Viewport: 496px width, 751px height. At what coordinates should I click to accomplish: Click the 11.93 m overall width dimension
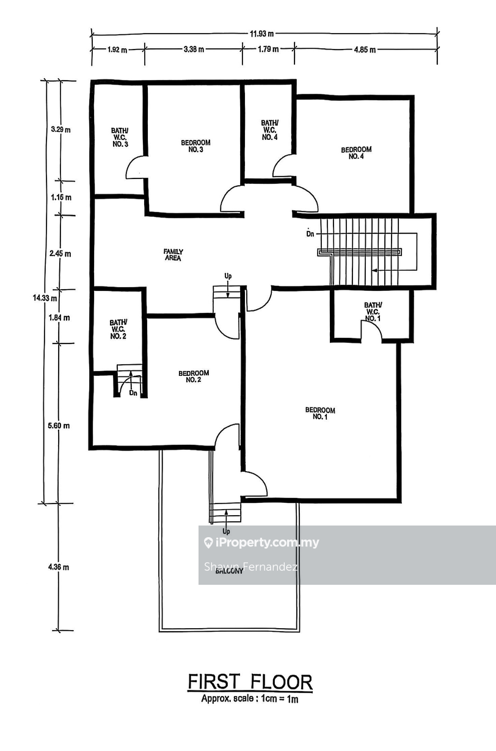(261, 34)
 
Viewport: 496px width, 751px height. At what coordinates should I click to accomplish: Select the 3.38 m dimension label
(194, 49)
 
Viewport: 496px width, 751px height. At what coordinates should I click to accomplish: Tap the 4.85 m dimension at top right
(365, 50)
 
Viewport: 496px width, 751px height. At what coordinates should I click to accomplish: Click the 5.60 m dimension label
(59, 426)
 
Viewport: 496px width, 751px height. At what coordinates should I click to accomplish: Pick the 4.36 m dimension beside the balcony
(59, 567)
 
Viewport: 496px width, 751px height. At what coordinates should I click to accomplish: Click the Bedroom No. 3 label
(195, 146)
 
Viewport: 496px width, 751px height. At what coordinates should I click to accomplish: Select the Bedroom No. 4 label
(356, 153)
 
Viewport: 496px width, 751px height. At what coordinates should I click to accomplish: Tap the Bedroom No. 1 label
(320, 413)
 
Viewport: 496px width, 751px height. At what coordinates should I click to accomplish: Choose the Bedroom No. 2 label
(194, 376)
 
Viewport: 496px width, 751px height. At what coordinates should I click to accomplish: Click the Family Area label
(173, 255)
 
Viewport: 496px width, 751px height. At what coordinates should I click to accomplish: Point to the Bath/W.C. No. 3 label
(120, 137)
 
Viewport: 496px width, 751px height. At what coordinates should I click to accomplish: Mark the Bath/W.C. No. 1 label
(373, 312)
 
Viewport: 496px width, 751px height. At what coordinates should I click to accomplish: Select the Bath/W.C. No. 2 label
(119, 329)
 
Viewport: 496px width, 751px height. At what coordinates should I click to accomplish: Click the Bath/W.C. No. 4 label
(270, 130)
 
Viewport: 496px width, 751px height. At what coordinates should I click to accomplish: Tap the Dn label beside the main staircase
(310, 233)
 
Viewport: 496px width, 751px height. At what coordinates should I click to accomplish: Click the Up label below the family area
(228, 276)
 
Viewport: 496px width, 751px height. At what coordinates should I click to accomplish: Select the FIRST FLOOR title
(250, 681)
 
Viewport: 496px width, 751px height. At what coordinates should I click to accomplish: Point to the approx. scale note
(250, 698)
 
